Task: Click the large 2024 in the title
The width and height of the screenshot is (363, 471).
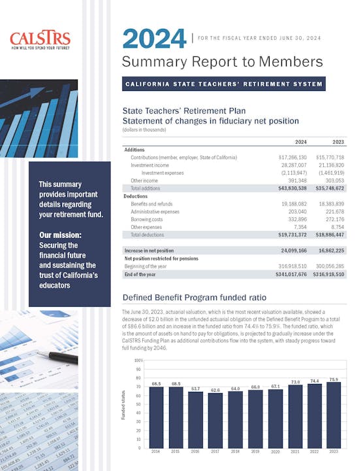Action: [x=154, y=39]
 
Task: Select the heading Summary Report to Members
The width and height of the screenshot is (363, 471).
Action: [x=222, y=62]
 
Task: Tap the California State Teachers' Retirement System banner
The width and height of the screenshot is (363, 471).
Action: [x=223, y=84]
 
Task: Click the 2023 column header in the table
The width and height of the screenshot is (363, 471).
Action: [x=338, y=142]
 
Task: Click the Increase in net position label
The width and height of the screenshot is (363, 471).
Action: [x=150, y=251]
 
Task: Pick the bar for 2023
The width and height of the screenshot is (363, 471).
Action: [x=333, y=415]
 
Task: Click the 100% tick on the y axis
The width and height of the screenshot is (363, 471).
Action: [x=138, y=360]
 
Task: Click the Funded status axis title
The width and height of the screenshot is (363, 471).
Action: [x=124, y=406]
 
